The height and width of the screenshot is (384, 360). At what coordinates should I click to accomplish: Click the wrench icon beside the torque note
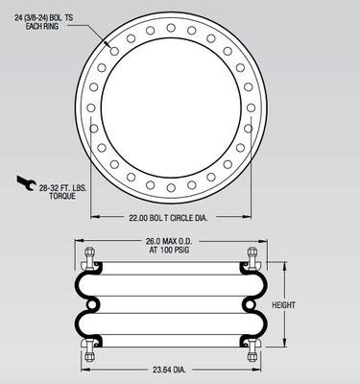[26, 182]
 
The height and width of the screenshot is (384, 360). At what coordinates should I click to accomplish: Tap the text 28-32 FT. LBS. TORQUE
[62, 192]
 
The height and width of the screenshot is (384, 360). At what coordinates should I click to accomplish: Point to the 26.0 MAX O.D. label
[171, 241]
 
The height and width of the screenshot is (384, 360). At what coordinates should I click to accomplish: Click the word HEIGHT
[283, 305]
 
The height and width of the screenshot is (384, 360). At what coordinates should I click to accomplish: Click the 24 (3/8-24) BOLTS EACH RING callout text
[44, 22]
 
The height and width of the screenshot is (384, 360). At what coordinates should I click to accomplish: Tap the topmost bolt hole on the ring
[171, 28]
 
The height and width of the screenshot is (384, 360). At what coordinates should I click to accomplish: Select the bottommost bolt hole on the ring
[171, 187]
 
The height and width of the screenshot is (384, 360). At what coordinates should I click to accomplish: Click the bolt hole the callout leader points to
[114, 51]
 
